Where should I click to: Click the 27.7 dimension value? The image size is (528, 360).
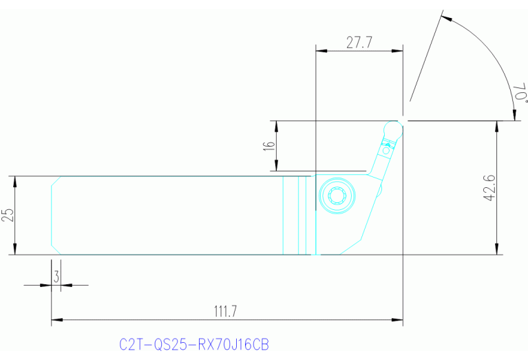click(359, 42)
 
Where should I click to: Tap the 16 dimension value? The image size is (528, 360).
click(269, 146)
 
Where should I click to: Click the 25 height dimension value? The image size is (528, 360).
click(8, 215)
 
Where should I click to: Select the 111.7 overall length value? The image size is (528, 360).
click(224, 311)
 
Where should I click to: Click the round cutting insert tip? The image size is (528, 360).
click(394, 128)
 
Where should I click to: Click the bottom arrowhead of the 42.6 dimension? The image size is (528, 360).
click(497, 250)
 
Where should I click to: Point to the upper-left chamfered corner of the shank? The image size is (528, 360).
click(56, 180)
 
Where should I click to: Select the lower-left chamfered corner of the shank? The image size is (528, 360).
click(56, 250)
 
